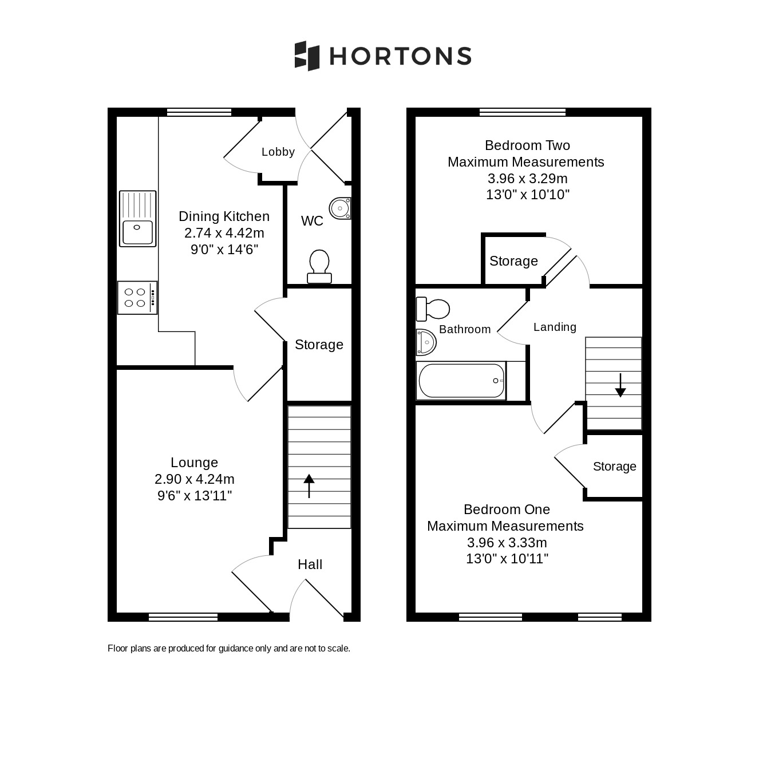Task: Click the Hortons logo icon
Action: tap(307, 56)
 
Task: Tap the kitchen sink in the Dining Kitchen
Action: tap(137, 219)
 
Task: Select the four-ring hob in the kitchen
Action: tap(137, 298)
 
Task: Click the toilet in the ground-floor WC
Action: tap(319, 266)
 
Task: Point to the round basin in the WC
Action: tap(340, 208)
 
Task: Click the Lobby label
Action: tap(278, 152)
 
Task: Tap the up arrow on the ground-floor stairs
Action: tap(309, 485)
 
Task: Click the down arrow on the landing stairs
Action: tap(620, 385)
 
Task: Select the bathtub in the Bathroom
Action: tap(461, 381)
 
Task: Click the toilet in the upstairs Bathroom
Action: tap(433, 309)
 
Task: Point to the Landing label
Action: tap(555, 327)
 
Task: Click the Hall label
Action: tap(310, 564)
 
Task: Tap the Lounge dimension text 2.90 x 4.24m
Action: tap(195, 479)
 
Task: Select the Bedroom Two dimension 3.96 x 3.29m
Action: tap(528, 179)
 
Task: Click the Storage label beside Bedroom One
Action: tap(614, 466)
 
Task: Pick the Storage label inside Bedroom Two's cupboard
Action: tap(513, 261)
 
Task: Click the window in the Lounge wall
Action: tap(183, 617)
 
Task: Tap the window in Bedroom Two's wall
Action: tap(523, 112)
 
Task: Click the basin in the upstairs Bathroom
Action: tap(426, 342)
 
